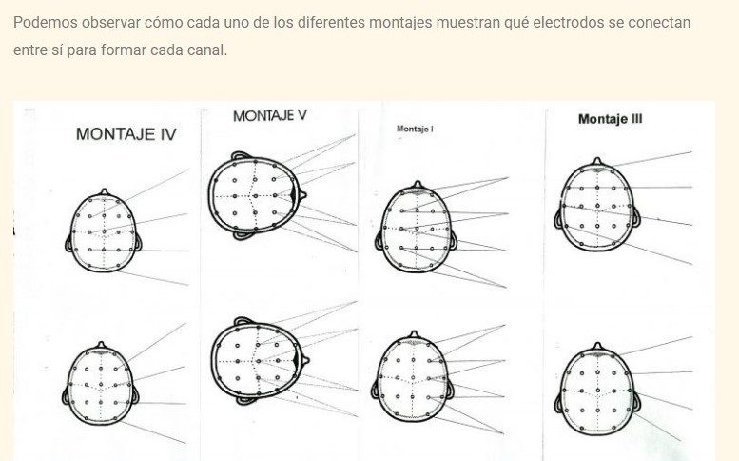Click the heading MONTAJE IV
coord(126,134)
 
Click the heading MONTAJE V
coord(270,115)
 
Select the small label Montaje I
coord(415,128)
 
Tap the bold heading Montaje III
coord(610,119)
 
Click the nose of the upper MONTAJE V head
coord(304,196)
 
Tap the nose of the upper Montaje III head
coord(596,161)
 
